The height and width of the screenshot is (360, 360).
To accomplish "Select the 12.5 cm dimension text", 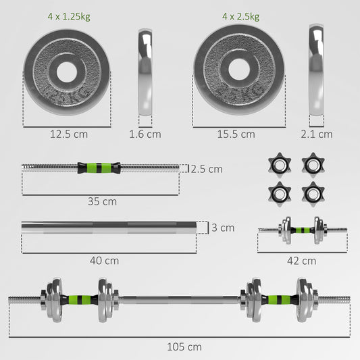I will [69, 134].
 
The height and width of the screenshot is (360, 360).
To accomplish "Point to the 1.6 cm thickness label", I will [145, 134].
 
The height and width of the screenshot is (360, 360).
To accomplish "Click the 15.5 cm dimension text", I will [236, 134].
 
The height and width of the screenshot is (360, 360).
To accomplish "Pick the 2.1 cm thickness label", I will [316, 134].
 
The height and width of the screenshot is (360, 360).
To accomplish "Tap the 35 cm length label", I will [101, 201].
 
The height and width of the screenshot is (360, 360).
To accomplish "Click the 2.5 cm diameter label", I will [206, 169].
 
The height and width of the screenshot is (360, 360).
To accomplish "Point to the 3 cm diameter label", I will [223, 228].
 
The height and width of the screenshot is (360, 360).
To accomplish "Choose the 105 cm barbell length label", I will [185, 346].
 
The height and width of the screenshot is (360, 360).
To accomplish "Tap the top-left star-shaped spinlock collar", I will [278, 164].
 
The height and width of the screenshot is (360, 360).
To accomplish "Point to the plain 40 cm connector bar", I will [108, 227].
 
